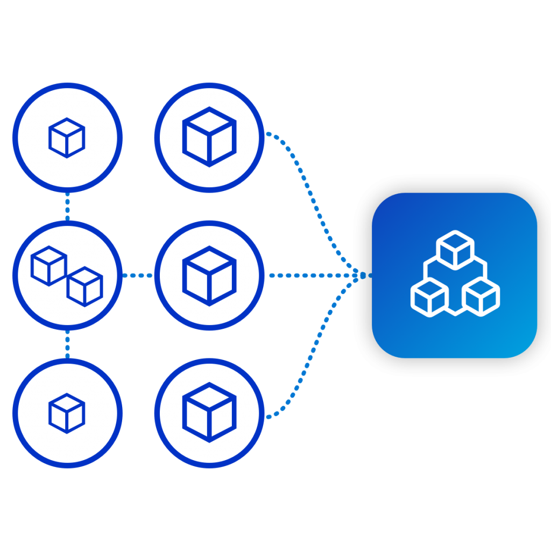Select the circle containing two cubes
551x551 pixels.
click(x=67, y=275)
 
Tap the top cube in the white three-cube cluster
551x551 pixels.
click(x=455, y=250)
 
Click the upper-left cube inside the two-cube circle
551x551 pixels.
click(x=48, y=265)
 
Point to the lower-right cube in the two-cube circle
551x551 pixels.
click(x=84, y=286)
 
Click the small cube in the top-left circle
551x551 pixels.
click(x=67, y=138)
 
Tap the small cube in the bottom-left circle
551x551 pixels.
click(x=67, y=413)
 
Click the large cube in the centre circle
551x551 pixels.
click(x=209, y=275)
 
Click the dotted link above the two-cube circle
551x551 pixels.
click(x=67, y=206)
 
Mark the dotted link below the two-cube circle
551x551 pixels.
click(x=67, y=344)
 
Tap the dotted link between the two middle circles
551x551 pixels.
click(x=138, y=275)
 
